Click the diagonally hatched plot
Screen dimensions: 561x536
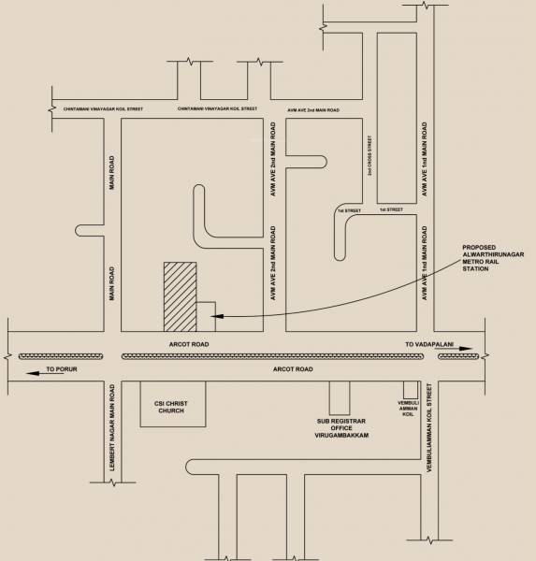pyautogui.click(x=181, y=296)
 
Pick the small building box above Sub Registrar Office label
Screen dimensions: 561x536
pyautogui.click(x=338, y=396)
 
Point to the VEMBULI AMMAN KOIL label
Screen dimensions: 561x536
pyautogui.click(x=408, y=408)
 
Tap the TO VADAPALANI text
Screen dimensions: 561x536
pyautogui.click(x=428, y=345)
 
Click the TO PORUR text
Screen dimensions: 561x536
pyautogui.click(x=63, y=371)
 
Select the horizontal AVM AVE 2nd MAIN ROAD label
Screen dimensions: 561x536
pyautogui.click(x=312, y=109)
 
